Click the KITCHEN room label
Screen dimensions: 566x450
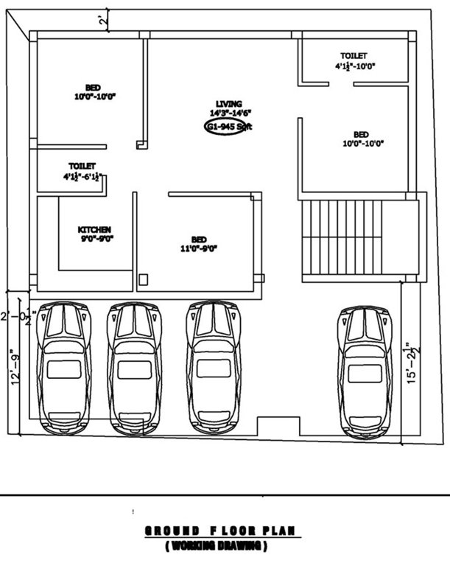pos(95,229)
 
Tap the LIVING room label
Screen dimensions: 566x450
pos(229,103)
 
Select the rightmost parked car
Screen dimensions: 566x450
pos(365,372)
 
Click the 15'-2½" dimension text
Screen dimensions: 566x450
pos(413,361)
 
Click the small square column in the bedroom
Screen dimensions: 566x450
pos(144,279)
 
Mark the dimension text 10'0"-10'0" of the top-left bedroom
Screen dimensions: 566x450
pos(95,97)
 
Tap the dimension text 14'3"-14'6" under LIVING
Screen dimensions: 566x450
pos(231,113)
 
